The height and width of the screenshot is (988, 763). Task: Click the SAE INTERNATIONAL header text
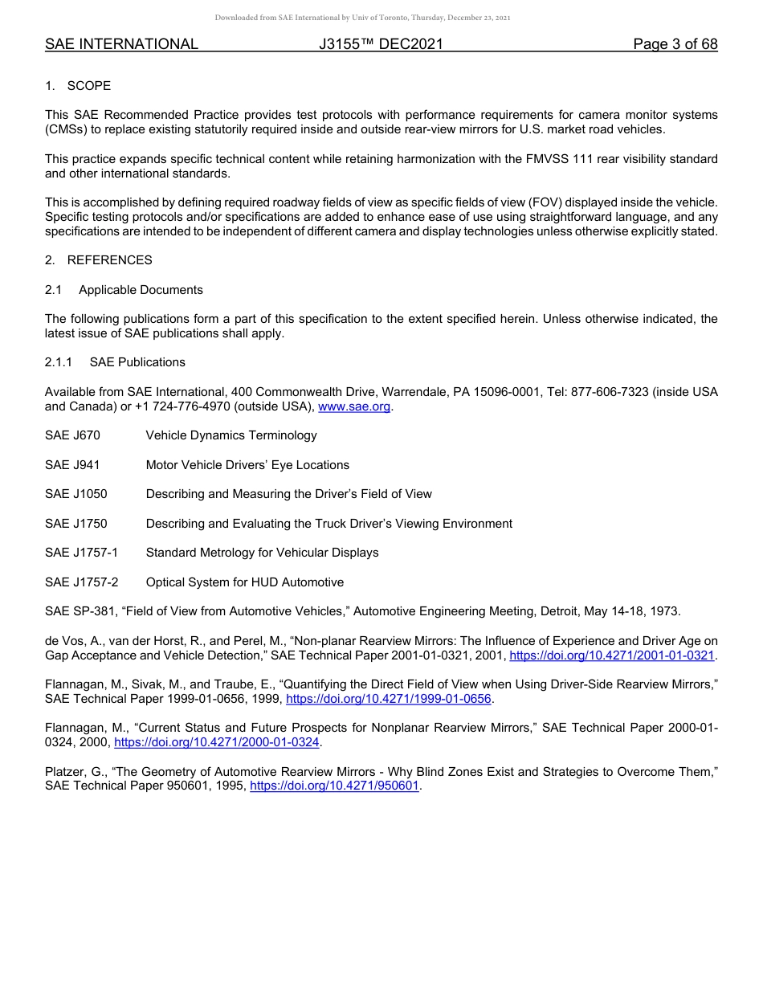pos(121,44)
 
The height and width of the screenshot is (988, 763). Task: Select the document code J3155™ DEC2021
pos(381,44)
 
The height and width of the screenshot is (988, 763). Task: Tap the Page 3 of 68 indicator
pos(675,44)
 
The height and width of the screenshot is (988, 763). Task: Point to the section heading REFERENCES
pos(109,260)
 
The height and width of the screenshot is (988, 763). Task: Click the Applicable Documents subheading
pos(141,290)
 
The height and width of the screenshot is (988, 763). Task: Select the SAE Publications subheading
pos(137,362)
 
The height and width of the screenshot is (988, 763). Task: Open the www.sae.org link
pos(354,407)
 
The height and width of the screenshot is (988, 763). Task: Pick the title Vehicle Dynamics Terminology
pos(231,435)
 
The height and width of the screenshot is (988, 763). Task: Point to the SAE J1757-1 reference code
pos(81,553)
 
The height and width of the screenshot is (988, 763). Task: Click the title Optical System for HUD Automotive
pos(244,582)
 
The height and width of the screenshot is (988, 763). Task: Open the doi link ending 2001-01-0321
pos(612,656)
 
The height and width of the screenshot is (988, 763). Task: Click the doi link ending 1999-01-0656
pos(388,700)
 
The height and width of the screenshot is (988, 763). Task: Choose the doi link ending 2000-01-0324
pos(217,743)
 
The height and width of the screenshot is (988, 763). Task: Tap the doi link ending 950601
pos(335,786)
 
